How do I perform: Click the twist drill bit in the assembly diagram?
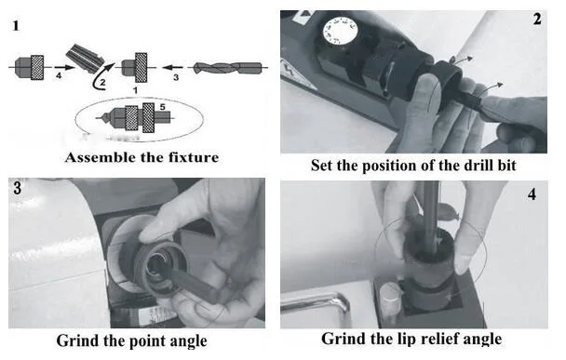click(x=227, y=68)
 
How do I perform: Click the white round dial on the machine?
click(x=340, y=32)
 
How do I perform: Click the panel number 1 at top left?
click(x=16, y=26)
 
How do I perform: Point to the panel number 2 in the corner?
click(x=537, y=20)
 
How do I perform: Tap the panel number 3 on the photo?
click(x=17, y=188)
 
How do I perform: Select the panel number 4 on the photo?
click(x=532, y=194)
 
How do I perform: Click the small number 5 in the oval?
click(x=162, y=107)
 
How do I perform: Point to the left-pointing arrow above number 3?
click(x=172, y=67)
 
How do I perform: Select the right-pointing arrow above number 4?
click(x=64, y=68)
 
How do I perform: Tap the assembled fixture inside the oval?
click(x=137, y=117)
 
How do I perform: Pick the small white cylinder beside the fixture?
click(x=389, y=300)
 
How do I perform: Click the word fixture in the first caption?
click(x=194, y=157)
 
